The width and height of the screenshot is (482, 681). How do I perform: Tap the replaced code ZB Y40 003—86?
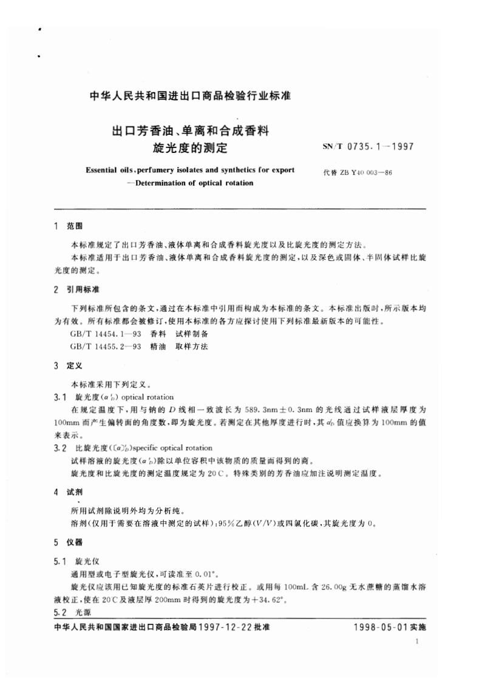tap(358, 172)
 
